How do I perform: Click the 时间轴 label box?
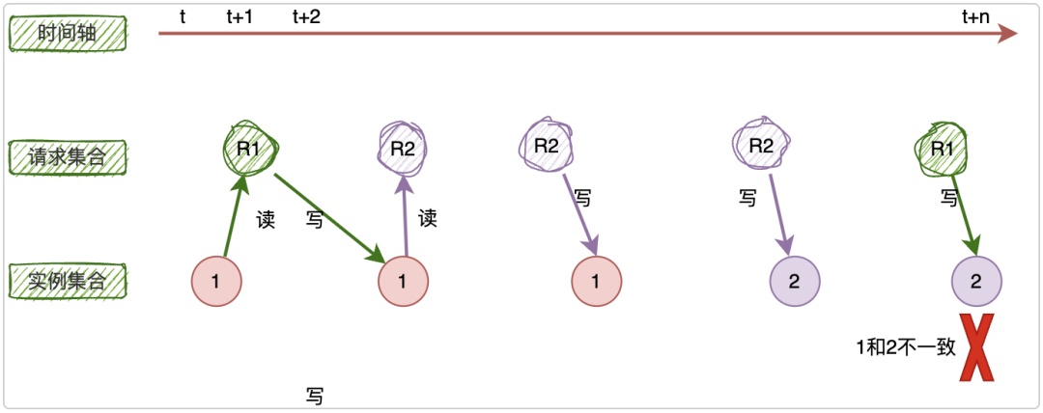(68, 35)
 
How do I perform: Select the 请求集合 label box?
(68, 154)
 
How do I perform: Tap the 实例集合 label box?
(68, 282)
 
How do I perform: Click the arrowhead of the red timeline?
(1008, 35)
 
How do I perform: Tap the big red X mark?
(977, 347)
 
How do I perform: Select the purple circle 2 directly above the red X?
(976, 282)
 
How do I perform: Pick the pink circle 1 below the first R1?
(216, 282)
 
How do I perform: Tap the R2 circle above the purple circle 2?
(762, 147)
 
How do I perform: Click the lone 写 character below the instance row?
(314, 396)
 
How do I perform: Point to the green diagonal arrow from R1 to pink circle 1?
(328, 217)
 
